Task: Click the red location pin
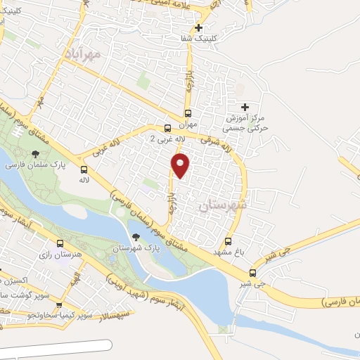181,165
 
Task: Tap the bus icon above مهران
188,112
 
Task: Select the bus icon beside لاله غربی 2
167,128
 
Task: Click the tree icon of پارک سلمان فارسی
34,154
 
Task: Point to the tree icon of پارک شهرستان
136,237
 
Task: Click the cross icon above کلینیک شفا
199,29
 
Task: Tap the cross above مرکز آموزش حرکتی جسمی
245,107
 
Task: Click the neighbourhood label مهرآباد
82,53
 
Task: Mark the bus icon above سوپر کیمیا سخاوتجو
59,306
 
